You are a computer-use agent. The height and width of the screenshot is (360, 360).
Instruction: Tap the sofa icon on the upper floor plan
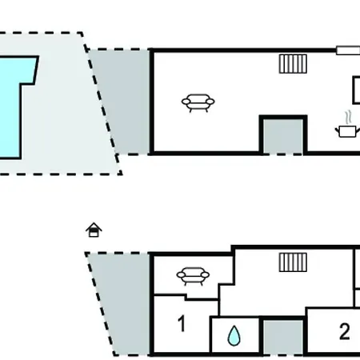coord(198,103)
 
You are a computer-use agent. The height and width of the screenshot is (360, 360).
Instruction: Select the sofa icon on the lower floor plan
coord(193,276)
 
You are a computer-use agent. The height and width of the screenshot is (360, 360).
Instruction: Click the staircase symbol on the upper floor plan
coord(293,64)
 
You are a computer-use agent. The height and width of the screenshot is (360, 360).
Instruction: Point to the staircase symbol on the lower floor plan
coord(293,262)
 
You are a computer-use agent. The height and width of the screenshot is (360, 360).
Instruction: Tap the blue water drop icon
coord(234,335)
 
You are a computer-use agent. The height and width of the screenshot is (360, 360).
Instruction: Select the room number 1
coord(182,323)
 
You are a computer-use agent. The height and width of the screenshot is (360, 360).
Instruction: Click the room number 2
coord(344,331)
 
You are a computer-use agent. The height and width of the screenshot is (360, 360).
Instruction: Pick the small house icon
coord(94,230)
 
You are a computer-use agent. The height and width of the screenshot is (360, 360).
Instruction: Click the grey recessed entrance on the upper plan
coord(283,136)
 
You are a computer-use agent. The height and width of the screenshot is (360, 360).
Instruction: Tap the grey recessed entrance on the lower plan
coord(283,338)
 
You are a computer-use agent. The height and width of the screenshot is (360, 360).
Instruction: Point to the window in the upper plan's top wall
coord(348,50)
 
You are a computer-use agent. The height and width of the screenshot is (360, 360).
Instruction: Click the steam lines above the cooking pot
coord(348,118)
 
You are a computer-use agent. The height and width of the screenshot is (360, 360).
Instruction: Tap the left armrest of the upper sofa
coord(186,102)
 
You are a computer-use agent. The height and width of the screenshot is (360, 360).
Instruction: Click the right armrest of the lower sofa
coord(205,274)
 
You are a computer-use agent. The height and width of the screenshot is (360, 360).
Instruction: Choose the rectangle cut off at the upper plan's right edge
coord(356,90)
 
